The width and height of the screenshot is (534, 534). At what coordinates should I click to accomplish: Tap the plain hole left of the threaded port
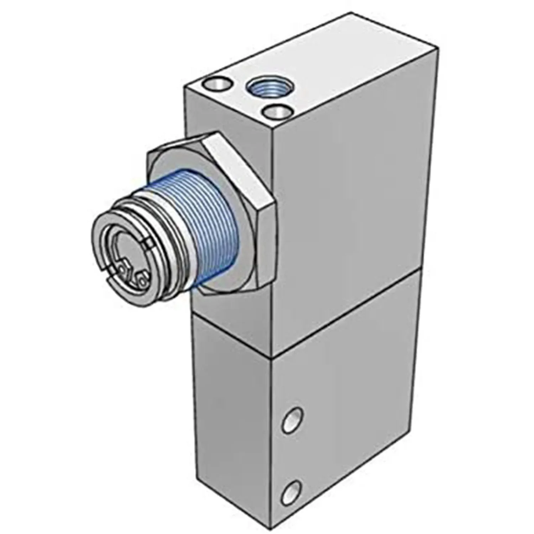pyautogui.click(x=216, y=84)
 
